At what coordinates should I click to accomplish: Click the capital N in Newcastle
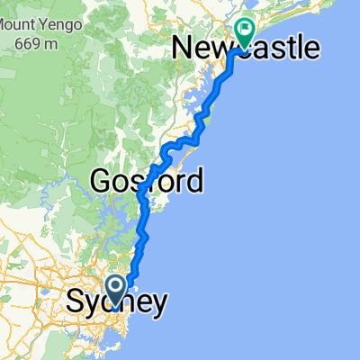[x=183, y=47]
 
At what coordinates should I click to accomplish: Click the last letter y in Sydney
[x=158, y=306]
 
